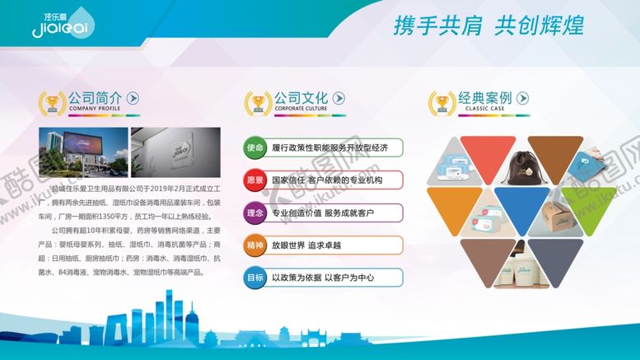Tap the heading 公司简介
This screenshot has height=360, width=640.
(96, 97)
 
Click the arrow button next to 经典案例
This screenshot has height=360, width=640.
(523, 98)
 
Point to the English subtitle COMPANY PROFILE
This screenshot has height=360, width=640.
(95, 109)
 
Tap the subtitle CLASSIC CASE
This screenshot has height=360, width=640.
(478, 108)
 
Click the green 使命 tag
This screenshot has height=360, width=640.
(255, 147)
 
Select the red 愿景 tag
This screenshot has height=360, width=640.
(255, 180)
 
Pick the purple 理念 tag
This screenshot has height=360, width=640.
(255, 213)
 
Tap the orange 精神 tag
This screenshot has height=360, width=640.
(255, 245)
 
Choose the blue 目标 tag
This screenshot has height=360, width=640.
(255, 278)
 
